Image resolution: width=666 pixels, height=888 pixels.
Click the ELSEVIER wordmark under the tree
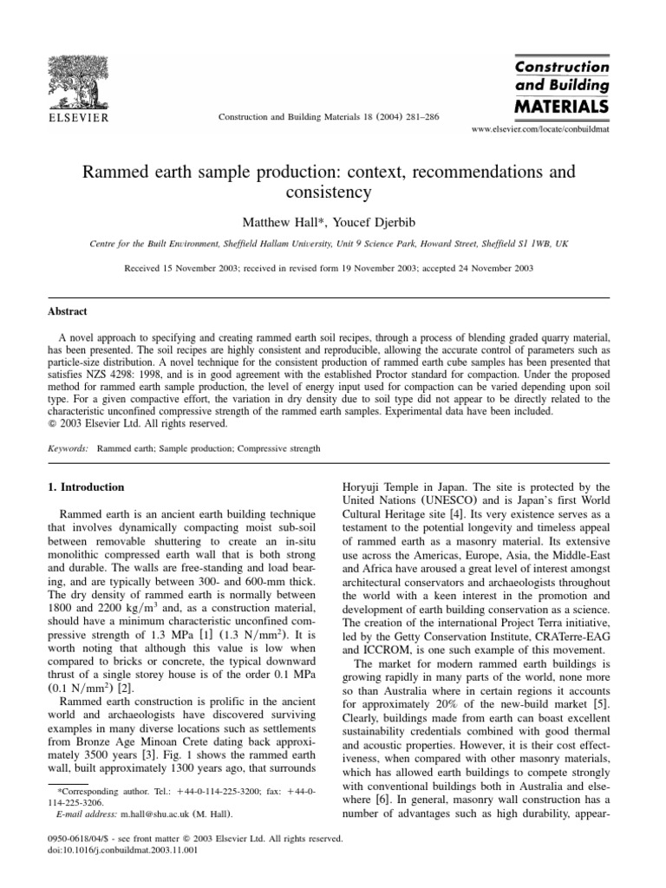pyautogui.click(x=77, y=116)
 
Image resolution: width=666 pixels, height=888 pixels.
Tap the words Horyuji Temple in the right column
pyautogui.click(x=371, y=487)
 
